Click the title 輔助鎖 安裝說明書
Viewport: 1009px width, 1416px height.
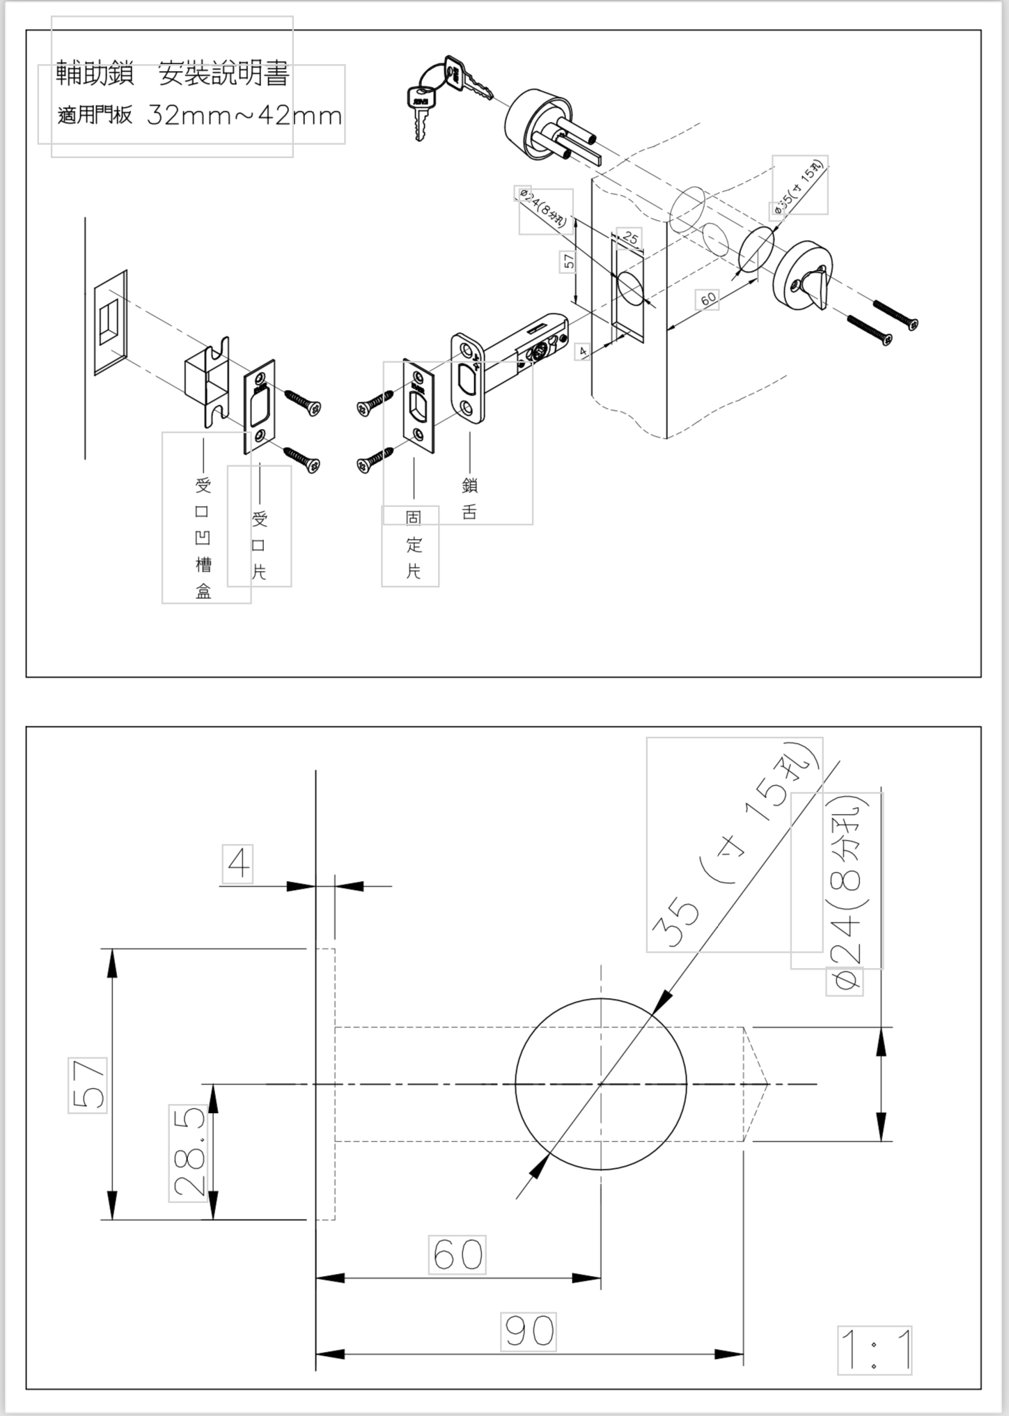click(172, 74)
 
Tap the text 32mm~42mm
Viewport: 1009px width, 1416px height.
click(244, 115)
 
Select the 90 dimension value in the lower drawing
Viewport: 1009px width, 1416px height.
click(529, 1331)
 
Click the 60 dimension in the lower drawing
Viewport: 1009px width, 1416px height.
click(457, 1254)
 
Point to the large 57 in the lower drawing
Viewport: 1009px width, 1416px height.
click(88, 1084)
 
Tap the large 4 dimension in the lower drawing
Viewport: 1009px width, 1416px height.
click(237, 864)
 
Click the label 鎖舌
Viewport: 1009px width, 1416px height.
click(469, 499)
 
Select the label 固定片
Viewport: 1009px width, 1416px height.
click(414, 545)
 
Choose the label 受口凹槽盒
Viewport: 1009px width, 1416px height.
click(203, 538)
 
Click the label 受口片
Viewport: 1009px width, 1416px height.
click(260, 545)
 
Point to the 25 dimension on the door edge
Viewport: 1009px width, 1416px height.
click(630, 238)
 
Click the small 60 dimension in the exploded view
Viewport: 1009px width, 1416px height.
click(707, 299)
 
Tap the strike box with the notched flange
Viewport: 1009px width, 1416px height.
click(207, 381)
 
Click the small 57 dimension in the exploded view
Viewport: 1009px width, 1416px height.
click(568, 261)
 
